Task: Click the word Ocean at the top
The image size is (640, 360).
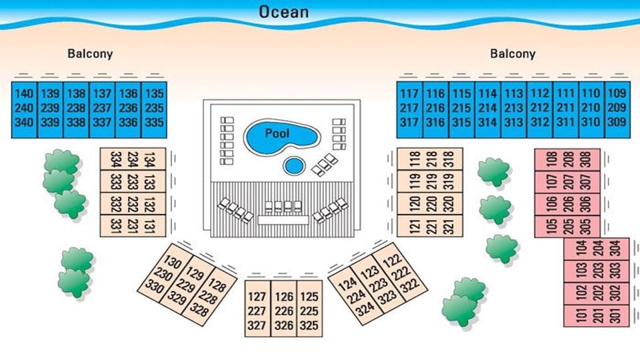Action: [x=283, y=12]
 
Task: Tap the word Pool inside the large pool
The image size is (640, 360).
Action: [x=277, y=133]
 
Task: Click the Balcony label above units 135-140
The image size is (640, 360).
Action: [x=90, y=54]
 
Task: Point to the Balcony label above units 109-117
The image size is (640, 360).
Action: [x=513, y=54]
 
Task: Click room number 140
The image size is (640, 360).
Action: [x=23, y=94]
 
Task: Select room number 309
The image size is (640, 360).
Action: [x=617, y=122]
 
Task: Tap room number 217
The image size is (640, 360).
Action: [x=409, y=108]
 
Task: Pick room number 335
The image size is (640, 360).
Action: [x=154, y=122]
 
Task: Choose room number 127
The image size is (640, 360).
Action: [x=257, y=297]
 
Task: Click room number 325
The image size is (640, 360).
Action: [x=308, y=326]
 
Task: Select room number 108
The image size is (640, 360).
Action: [x=551, y=159]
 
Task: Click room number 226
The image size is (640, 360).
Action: [x=283, y=311]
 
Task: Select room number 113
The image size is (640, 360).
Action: [x=513, y=94]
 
